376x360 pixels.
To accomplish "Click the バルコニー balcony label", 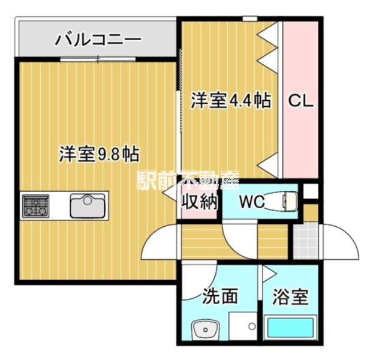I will click(x=99, y=40).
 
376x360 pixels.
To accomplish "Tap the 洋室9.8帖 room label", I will click(x=99, y=154).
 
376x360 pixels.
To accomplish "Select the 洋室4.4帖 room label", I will click(x=230, y=100).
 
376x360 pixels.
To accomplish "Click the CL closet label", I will click(x=301, y=101).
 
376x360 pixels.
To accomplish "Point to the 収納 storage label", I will click(x=200, y=202).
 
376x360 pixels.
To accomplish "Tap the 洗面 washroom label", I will click(x=220, y=296).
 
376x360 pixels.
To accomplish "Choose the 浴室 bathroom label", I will click(x=290, y=296).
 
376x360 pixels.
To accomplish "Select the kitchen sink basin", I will click(x=88, y=206).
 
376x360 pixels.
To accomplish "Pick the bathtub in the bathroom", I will click(x=290, y=329).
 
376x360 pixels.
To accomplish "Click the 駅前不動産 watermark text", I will click(x=188, y=178).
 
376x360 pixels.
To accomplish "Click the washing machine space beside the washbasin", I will click(x=242, y=328).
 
